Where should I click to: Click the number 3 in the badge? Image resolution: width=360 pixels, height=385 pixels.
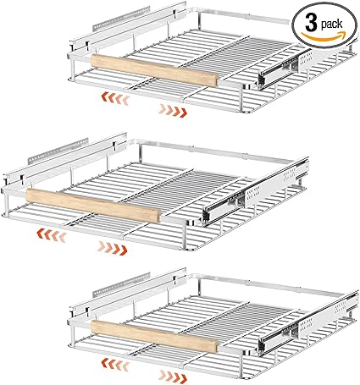311,24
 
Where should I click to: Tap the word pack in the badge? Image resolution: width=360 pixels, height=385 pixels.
332,25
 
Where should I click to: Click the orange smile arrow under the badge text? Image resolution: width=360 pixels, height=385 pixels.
324,36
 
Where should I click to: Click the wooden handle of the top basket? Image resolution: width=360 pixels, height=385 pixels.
154,70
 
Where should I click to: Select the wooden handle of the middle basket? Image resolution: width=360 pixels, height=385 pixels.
92,206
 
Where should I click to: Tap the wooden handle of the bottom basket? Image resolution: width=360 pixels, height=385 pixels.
155,336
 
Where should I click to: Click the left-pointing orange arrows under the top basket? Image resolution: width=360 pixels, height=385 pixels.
115,98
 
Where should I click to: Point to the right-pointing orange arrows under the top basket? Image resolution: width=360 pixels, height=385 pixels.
173,111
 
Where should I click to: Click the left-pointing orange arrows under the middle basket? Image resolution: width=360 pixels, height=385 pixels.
52,235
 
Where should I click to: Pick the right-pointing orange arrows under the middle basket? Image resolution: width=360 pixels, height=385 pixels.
112,248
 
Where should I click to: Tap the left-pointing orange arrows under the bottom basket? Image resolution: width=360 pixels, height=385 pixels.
115,363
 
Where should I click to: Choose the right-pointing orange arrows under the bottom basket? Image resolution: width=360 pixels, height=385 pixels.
173,376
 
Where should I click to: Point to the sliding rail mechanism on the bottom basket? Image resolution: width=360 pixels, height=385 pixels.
307,322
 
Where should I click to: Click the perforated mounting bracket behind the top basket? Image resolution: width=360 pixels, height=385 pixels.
121,18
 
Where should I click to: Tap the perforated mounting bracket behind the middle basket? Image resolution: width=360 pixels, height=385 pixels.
58,151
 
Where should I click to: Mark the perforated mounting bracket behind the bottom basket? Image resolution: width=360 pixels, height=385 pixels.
121,284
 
